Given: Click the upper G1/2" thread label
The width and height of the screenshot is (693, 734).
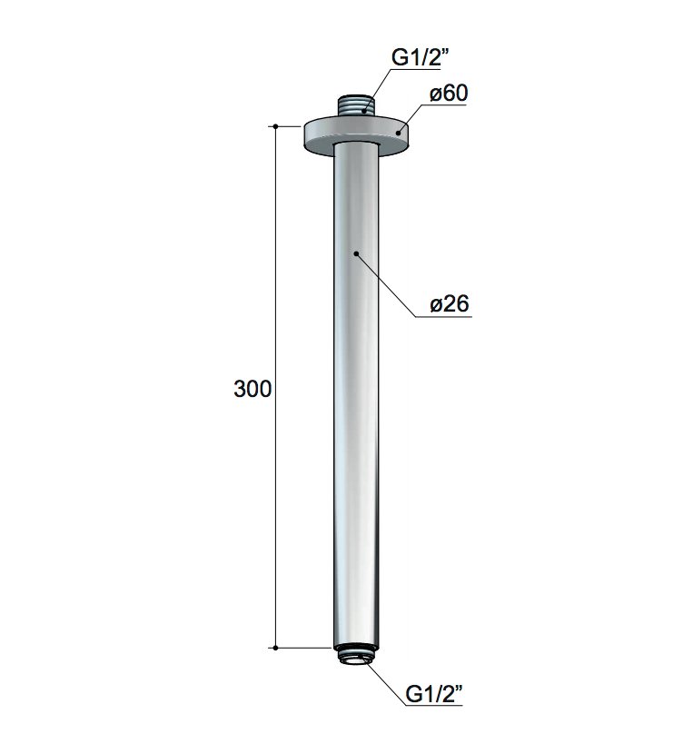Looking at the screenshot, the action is point(420,57).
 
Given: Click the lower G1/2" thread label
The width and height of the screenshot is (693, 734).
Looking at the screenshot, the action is point(434,693).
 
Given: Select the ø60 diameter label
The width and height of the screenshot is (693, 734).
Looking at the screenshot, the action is point(449,94).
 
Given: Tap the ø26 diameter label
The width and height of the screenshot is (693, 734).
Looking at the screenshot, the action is point(450,304).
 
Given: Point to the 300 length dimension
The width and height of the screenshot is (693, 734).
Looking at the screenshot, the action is point(252,389).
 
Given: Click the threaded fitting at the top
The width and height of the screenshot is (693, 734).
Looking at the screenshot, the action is point(355,106).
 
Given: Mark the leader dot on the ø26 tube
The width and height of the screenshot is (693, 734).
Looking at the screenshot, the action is point(356,253).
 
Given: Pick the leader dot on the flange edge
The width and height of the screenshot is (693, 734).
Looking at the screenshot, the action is point(398,133).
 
